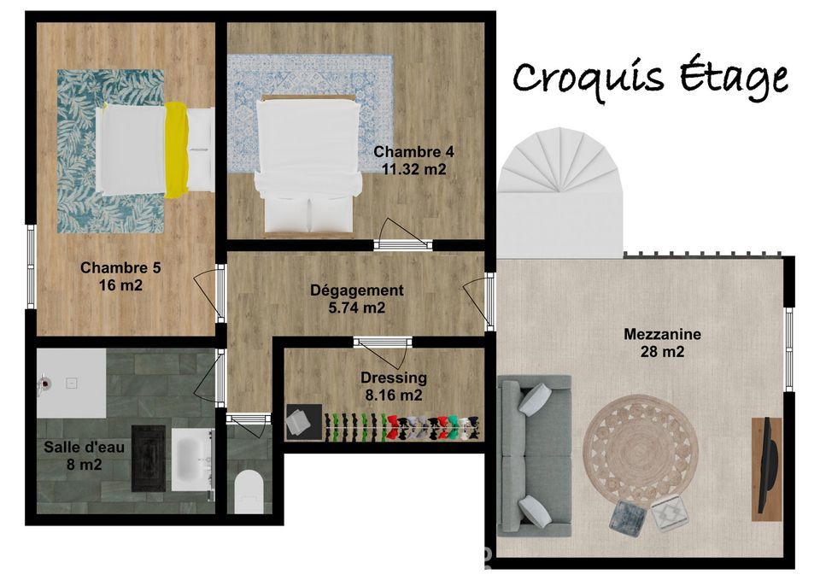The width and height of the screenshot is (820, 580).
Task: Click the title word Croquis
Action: pyautogui.click(x=588, y=78)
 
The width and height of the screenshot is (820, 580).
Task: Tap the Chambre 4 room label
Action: pyautogui.click(x=413, y=152)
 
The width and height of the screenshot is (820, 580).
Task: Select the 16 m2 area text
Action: pyautogui.click(x=120, y=285)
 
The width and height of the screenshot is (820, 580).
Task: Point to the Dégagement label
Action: pyautogui.click(x=357, y=290)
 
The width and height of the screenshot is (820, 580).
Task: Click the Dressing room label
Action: pyautogui.click(x=393, y=378)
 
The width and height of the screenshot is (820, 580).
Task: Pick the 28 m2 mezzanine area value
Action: pyautogui.click(x=662, y=352)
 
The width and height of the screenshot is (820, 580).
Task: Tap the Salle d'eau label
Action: pyautogui.click(x=85, y=447)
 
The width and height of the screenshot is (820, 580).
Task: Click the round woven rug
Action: pyautogui.click(x=635, y=451)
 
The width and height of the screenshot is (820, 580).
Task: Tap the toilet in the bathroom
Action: pyautogui.click(x=248, y=492)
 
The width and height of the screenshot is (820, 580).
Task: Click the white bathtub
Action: pyautogui.click(x=192, y=460)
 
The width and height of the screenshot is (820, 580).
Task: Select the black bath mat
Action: pyautogui.click(x=148, y=458)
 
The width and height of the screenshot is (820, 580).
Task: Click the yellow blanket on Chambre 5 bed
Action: pyautogui.click(x=177, y=149)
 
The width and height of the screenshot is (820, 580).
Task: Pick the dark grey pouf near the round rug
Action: pyautogui.click(x=629, y=517)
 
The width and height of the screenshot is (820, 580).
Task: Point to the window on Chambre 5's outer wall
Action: pyautogui.click(x=31, y=267)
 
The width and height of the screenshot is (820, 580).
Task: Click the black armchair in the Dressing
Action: pyautogui.click(x=303, y=421)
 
